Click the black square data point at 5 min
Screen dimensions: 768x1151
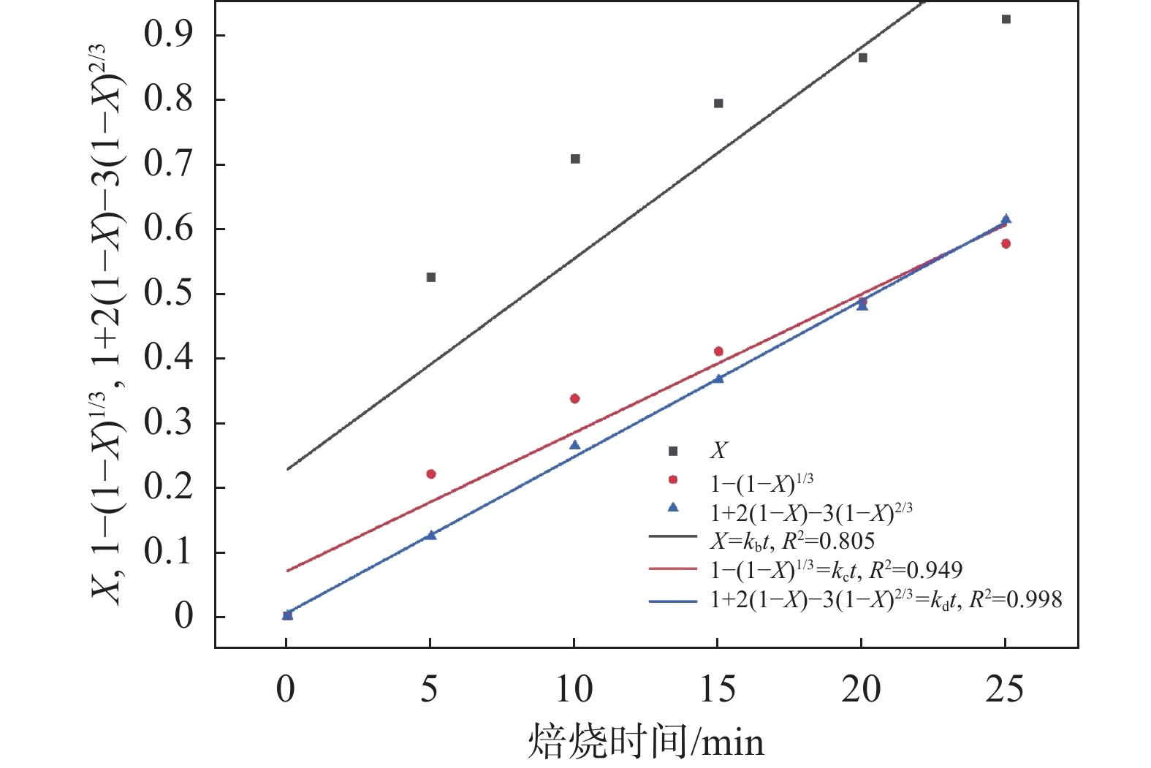[x=431, y=278]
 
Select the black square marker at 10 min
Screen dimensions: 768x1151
[x=575, y=159]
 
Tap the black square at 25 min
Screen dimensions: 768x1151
[x=1006, y=19]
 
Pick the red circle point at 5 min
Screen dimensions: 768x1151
[x=431, y=474]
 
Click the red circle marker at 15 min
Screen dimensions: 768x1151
[x=718, y=351]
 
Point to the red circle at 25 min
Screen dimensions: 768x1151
[x=1006, y=244]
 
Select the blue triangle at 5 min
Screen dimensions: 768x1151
[x=431, y=535]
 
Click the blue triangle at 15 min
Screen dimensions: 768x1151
[x=718, y=379]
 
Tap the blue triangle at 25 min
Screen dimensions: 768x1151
[x=1006, y=219]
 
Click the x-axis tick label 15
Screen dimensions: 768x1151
[x=718, y=689]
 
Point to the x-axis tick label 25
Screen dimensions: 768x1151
[x=1005, y=689]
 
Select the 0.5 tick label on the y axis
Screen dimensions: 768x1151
[x=169, y=294]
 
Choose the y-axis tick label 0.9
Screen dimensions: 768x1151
[x=169, y=35]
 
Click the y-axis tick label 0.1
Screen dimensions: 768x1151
[x=169, y=552]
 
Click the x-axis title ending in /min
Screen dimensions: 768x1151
[x=646, y=742]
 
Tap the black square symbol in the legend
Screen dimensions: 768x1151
[x=673, y=451]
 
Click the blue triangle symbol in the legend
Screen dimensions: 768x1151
[x=673, y=507]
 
